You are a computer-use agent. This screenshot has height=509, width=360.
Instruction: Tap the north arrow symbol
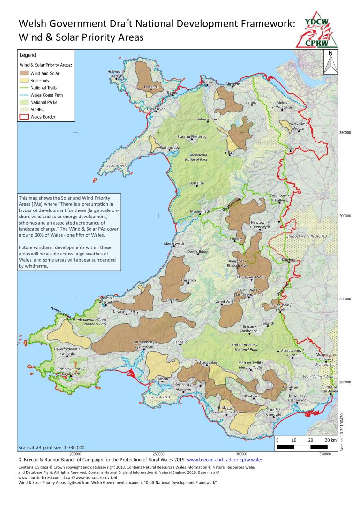(x=331, y=62)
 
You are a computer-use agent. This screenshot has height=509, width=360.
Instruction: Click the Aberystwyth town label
(x=173, y=244)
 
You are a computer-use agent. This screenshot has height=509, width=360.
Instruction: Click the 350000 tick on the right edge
(x=345, y=133)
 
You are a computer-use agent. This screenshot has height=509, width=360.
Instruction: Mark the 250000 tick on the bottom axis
(x=158, y=454)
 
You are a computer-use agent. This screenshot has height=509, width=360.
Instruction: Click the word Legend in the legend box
(x=28, y=55)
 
